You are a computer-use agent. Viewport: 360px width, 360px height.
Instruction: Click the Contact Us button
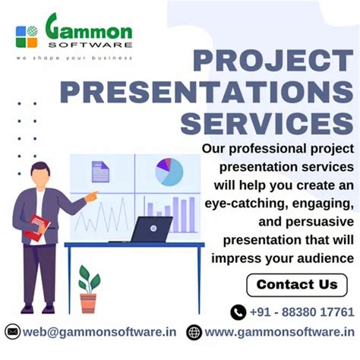click(297, 285)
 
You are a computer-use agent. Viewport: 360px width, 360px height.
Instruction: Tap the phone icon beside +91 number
click(238, 311)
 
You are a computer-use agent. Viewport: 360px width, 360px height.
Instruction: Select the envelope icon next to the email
click(12, 332)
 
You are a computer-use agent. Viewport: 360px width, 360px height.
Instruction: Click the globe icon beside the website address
click(194, 332)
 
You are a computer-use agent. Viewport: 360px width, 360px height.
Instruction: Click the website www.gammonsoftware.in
click(279, 332)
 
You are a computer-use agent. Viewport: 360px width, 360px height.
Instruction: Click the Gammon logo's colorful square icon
click(27, 36)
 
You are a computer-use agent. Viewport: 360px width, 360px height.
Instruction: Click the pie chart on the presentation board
click(169, 172)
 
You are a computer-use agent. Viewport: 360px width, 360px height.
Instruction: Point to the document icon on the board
click(100, 172)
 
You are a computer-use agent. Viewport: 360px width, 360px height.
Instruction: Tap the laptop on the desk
click(151, 229)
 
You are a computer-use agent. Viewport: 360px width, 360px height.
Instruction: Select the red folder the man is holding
click(36, 227)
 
